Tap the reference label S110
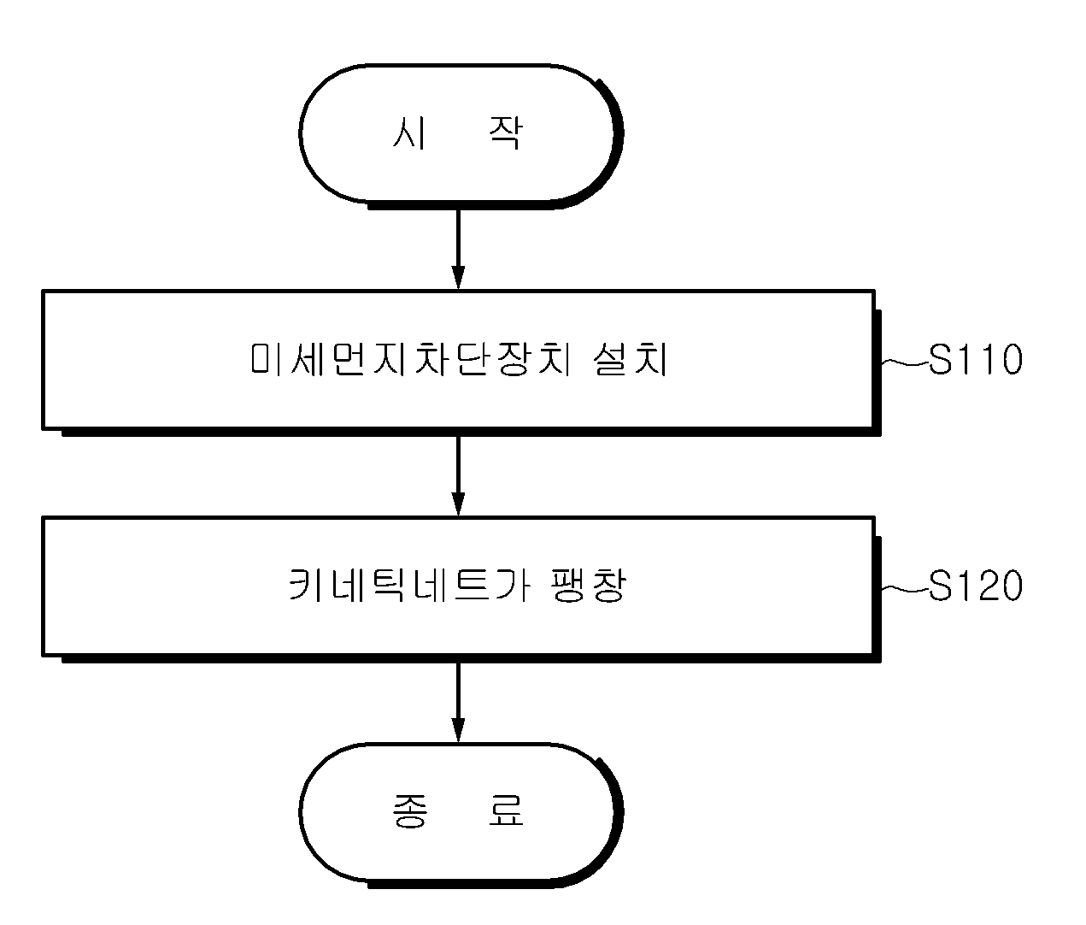coord(976,360)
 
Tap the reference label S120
coord(976,586)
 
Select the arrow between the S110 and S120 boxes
coord(458,476)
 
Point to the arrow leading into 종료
coord(458,703)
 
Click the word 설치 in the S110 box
coord(631,360)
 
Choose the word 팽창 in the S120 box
coord(589,586)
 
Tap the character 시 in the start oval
coord(408,133)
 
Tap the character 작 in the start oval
coord(506,133)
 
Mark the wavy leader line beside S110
coord(904,362)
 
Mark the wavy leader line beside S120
coord(904,588)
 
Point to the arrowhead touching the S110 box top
coord(458,278)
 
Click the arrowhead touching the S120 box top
coord(458,504)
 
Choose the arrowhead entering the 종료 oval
coord(458,731)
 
